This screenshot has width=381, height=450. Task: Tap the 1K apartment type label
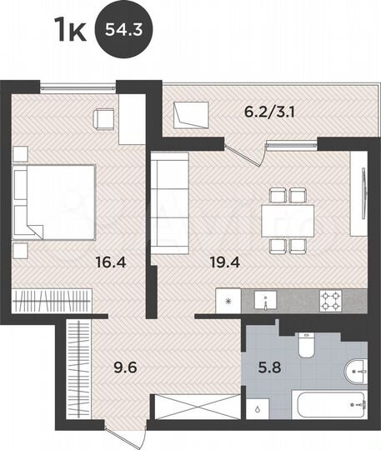tap(70, 32)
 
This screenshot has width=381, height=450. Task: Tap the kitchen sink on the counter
tap(268, 300)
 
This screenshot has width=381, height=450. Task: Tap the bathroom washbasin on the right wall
tap(356, 368)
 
